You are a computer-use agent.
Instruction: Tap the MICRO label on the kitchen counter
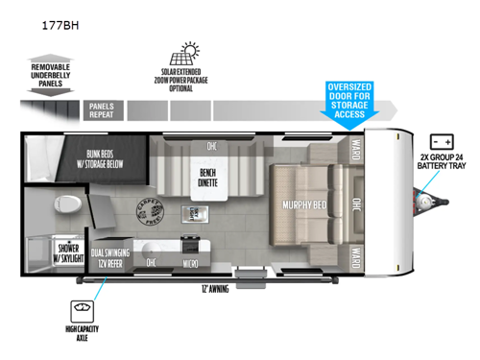(x=192, y=262)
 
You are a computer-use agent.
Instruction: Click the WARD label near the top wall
(x=355, y=151)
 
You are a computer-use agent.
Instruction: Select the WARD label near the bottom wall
(x=355, y=256)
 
